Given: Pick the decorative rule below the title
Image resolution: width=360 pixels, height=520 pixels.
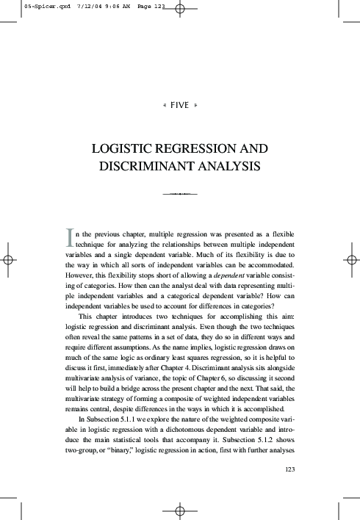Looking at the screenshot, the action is click(x=180, y=193).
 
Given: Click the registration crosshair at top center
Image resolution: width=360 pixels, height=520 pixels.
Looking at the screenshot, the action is click(x=180, y=11).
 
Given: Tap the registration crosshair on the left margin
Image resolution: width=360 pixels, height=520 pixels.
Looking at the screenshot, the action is click(x=8, y=260).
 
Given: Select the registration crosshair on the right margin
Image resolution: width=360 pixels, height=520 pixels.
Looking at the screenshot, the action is click(x=352, y=260).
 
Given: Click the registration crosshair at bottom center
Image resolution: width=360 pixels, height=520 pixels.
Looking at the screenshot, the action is click(x=180, y=509).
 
